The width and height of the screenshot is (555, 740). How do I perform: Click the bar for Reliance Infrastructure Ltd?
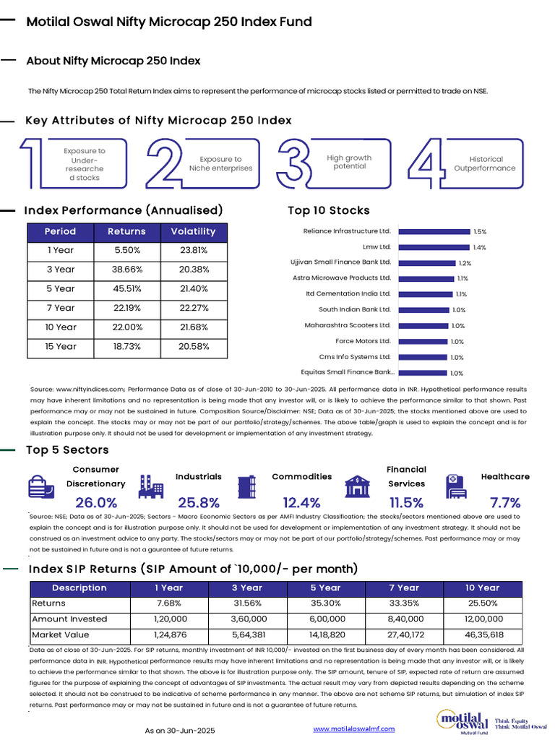click(x=434, y=231)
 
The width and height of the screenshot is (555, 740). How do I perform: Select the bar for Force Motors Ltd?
click(x=423, y=341)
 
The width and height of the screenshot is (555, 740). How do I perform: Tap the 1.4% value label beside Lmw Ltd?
click(x=479, y=247)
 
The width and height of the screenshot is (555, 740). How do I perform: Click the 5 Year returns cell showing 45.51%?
click(x=126, y=289)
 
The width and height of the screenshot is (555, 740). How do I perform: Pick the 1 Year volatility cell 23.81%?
click(x=193, y=251)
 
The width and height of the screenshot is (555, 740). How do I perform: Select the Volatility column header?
click(x=193, y=232)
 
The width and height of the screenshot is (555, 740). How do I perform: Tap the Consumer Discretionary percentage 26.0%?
click(x=96, y=502)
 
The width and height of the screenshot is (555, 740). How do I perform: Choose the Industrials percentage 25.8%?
click(x=199, y=502)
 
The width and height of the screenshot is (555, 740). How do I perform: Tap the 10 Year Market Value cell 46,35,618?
click(x=482, y=635)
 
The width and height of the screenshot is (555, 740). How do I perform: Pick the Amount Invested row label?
click(x=69, y=619)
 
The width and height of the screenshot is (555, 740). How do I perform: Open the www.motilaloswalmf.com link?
click(x=353, y=729)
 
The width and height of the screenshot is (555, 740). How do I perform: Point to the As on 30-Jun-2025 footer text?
click(x=180, y=731)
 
